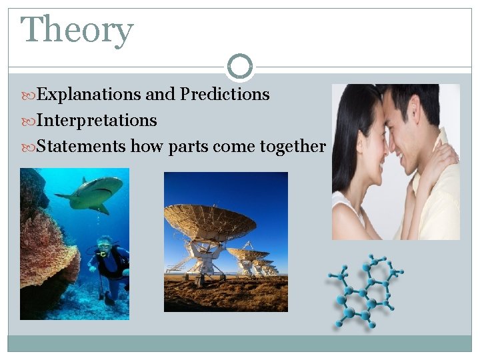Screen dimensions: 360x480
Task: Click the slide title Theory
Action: [77, 31]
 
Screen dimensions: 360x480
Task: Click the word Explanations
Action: [89, 95]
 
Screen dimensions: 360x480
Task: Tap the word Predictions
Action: [225, 95]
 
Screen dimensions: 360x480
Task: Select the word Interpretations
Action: [97, 121]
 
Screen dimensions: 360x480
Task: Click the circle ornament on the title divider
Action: [239, 67]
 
